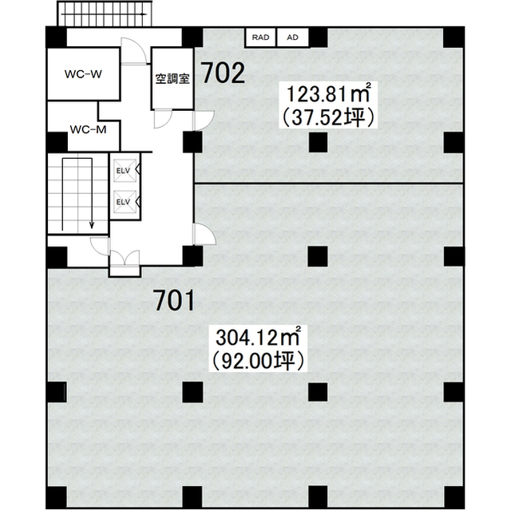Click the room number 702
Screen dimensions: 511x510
pyautogui.click(x=224, y=73)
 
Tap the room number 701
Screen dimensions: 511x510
pyautogui.click(x=175, y=300)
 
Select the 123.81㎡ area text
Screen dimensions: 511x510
pyautogui.click(x=329, y=93)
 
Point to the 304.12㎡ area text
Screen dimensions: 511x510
pyautogui.click(x=257, y=337)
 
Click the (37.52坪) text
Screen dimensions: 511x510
pyautogui.click(x=327, y=117)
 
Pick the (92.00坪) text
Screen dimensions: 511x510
pyautogui.click(x=257, y=361)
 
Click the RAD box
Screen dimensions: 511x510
pyautogui.click(x=261, y=38)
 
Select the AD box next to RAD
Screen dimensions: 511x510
pyautogui.click(x=293, y=38)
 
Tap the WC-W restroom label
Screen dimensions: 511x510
pyautogui.click(x=83, y=74)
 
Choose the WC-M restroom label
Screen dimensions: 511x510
pyautogui.click(x=88, y=129)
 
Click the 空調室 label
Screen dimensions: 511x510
pyautogui.click(x=172, y=78)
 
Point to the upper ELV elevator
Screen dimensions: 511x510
pyautogui.click(x=125, y=170)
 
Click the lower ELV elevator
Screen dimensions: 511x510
pyautogui.click(x=125, y=202)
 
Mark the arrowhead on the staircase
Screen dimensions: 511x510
pyautogui.click(x=92, y=224)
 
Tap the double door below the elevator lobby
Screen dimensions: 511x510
pyautogui.click(x=125, y=259)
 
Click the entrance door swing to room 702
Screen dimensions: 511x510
pyautogui.click(x=204, y=121)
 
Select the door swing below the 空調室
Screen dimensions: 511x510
pyautogui.click(x=163, y=119)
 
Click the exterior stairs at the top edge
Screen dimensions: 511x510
pyautogui.click(x=105, y=14)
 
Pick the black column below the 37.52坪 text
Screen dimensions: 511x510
pyautogui.click(x=318, y=142)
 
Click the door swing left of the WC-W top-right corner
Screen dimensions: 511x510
pyautogui.click(x=133, y=50)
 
